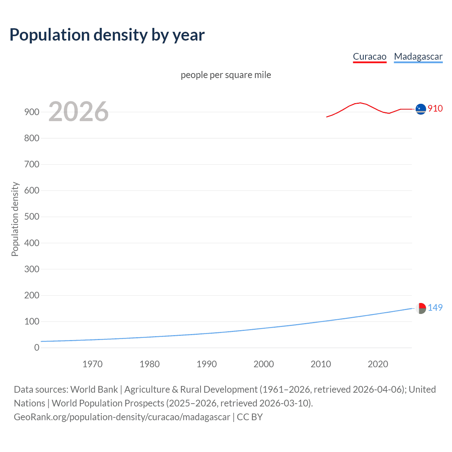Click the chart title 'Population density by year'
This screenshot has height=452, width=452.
point(107,35)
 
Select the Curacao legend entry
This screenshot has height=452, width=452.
point(369,56)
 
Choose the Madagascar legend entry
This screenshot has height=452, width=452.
point(418,56)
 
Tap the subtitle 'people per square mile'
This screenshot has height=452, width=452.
point(226,75)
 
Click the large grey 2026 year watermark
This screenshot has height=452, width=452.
point(78,112)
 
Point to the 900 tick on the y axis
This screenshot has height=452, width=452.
point(32,112)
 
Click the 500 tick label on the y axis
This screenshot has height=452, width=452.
point(32,216)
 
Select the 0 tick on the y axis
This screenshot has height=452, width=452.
point(37,347)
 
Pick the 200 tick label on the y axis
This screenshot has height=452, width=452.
point(32,295)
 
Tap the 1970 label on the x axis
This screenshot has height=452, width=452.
point(93,364)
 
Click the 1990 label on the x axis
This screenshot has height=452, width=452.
point(207,364)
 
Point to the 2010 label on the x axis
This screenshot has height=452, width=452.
point(321,364)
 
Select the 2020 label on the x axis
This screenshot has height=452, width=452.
point(378,364)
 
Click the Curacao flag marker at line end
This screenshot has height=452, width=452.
point(421,109)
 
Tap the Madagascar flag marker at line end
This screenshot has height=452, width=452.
point(421,308)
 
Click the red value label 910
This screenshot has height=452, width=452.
point(435,108)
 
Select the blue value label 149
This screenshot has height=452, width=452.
point(435,308)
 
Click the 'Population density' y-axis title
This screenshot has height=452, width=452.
point(15,219)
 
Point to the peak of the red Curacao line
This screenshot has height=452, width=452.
point(360,103)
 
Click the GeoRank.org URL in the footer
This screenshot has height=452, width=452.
point(122,417)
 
